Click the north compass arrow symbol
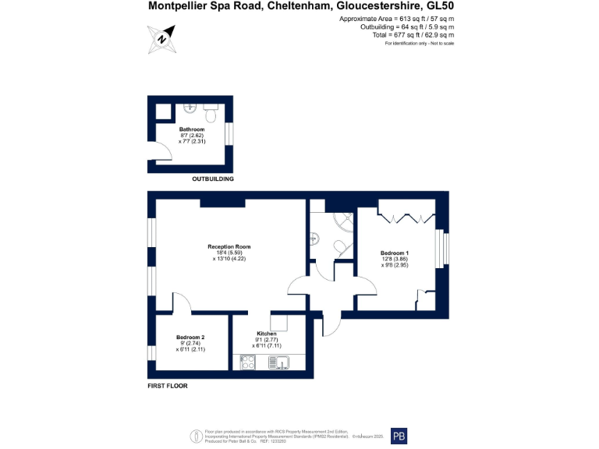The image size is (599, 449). tap(161, 37)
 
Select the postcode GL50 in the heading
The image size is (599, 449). tap(441, 6)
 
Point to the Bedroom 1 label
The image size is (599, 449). tap(395, 253)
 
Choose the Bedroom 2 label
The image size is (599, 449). tap(190, 337)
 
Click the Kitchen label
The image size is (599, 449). tap(267, 334)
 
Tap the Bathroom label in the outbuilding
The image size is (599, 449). tap(192, 129)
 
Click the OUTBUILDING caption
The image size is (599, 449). tap(213, 179)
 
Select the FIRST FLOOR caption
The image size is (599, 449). tap(168, 386)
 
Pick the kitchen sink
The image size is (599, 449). tap(278, 362)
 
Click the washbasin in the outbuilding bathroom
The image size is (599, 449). tap(190, 108)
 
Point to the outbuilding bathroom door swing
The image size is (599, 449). tap(158, 151)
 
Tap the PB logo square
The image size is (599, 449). tap(398, 437)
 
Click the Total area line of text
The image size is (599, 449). tap(413, 35)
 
